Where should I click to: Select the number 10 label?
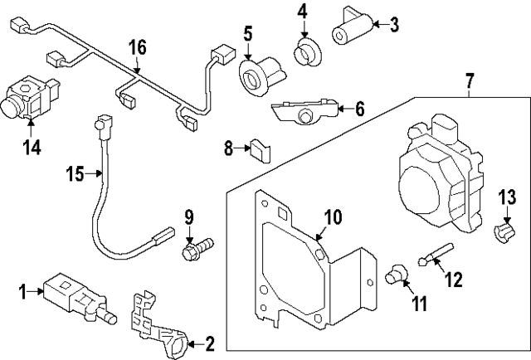(332, 218)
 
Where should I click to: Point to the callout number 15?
(76, 173)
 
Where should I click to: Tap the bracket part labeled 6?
(304, 112)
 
